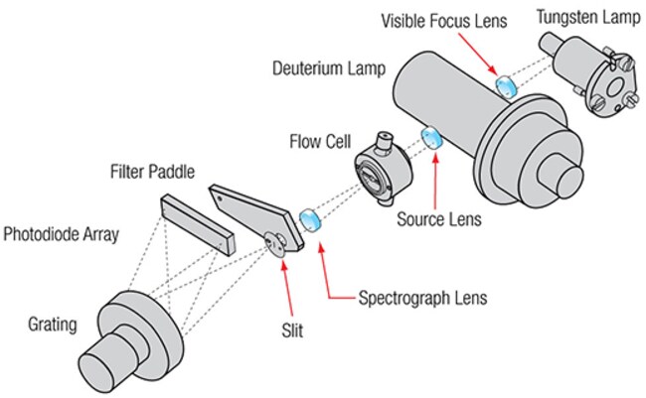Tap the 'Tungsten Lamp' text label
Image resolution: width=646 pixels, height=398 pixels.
(x=580, y=16)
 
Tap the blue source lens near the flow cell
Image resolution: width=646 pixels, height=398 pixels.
(x=432, y=138)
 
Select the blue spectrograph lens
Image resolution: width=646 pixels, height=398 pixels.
(x=310, y=218)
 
